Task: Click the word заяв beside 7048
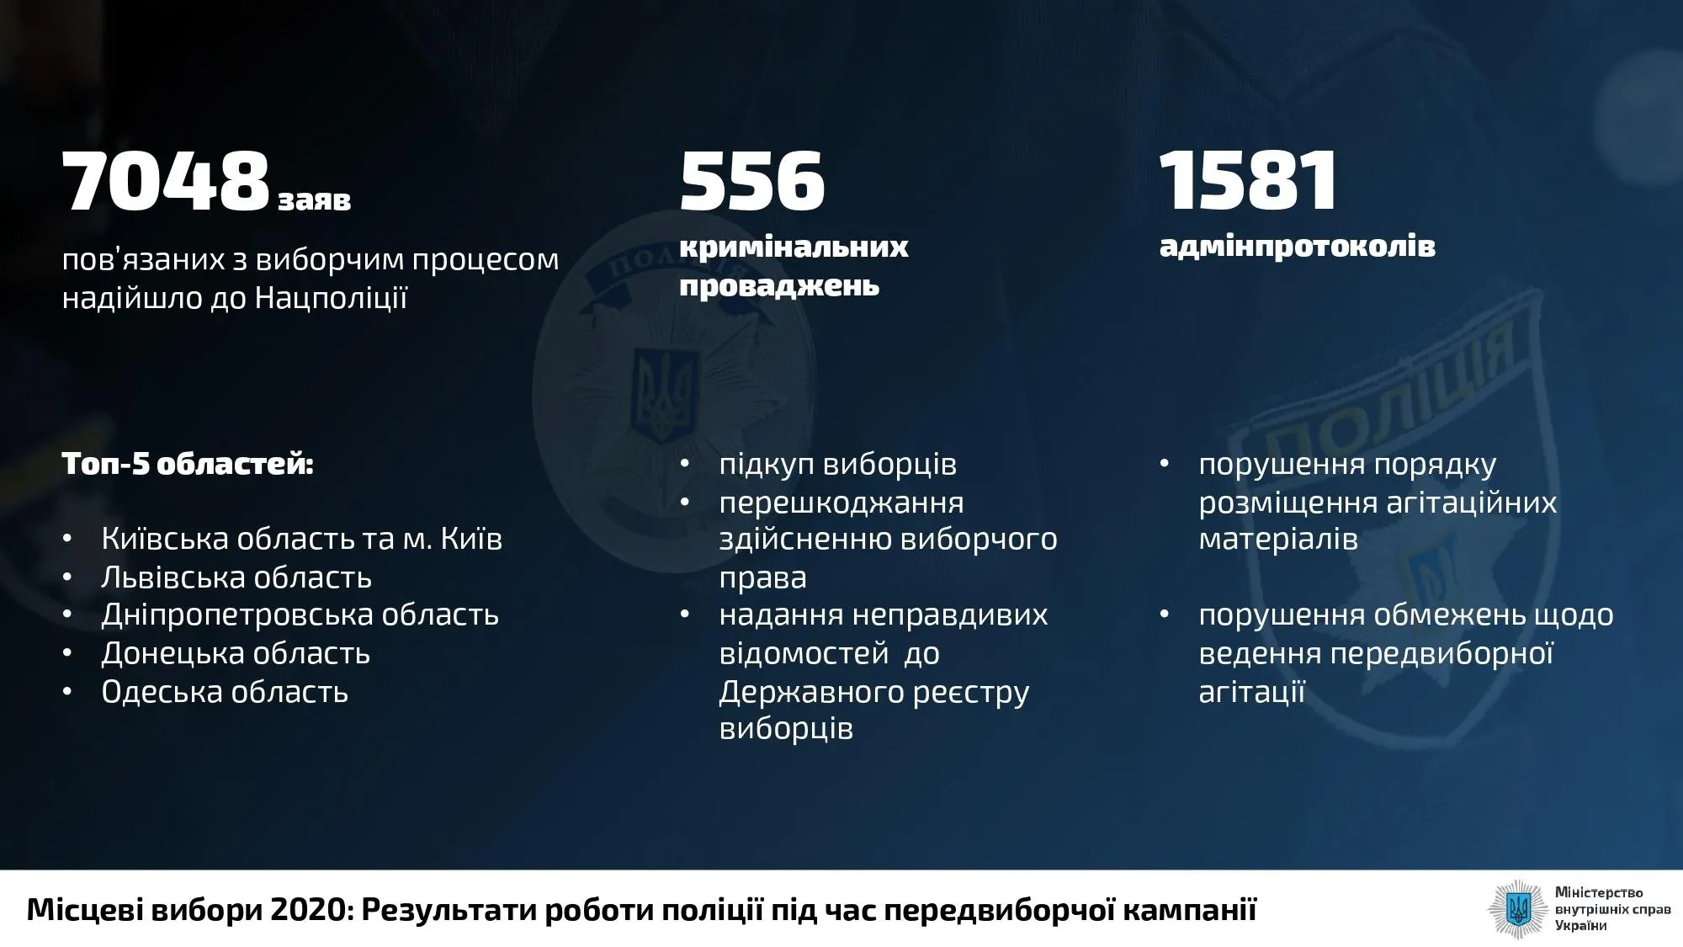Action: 314,200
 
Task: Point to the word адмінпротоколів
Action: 1297,247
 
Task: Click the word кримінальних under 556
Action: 794,247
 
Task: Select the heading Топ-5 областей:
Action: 188,464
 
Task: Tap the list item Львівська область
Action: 236,577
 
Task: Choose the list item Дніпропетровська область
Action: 300,615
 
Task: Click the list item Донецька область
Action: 236,653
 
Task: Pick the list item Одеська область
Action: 225,692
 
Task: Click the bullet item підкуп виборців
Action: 838,465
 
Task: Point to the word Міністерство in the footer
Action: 1599,892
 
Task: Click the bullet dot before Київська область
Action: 67,540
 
